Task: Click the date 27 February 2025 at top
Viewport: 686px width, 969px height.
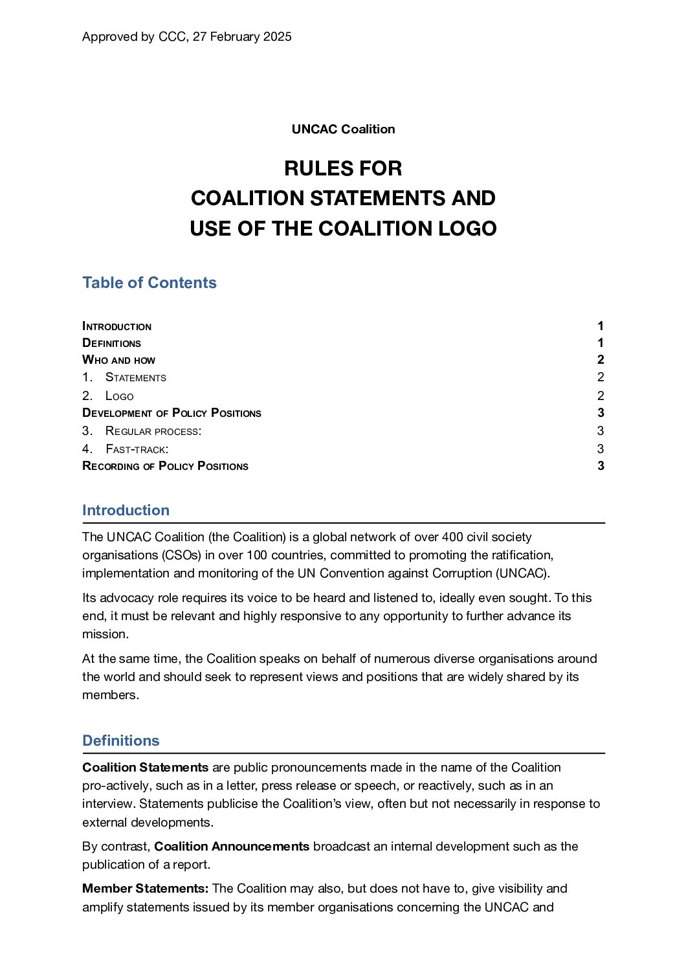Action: pos(242,37)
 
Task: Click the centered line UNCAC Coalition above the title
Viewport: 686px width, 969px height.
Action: pos(343,129)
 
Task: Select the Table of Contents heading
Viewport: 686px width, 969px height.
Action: pos(149,283)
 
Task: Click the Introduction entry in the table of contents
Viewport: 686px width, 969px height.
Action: pos(117,327)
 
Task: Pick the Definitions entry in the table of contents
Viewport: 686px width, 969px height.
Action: pos(112,344)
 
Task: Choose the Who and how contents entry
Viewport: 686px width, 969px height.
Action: pos(119,361)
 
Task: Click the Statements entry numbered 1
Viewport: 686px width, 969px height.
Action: pos(136,378)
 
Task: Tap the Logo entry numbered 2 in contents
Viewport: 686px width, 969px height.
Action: pos(120,396)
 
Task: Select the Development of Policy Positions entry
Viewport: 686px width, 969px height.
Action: pos(172,414)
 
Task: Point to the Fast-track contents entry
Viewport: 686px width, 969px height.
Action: pos(137,449)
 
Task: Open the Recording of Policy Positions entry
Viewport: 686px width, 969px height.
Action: pos(166,467)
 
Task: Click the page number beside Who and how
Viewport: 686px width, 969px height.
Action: pos(601,361)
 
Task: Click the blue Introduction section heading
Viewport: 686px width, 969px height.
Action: pos(126,511)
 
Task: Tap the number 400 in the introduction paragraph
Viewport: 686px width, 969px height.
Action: pos(453,537)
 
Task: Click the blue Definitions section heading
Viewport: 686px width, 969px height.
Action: pos(121,741)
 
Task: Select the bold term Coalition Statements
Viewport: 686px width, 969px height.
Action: pos(146,768)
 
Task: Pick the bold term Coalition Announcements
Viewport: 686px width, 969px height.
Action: pos(232,847)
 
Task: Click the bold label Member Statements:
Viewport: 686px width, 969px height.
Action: pos(146,889)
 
